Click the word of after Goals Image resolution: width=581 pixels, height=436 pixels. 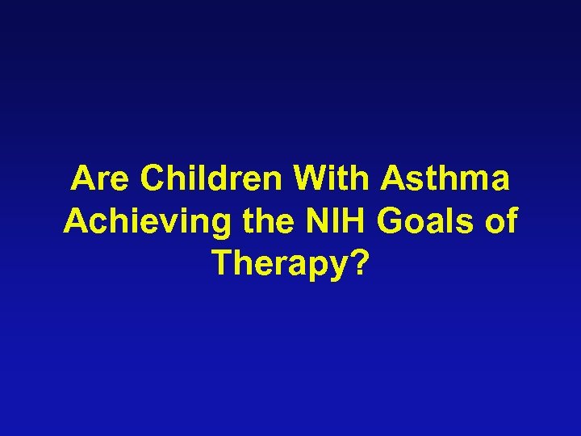point(495,221)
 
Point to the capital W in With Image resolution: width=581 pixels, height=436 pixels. point(310,179)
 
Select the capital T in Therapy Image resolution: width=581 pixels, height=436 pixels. point(224,262)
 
